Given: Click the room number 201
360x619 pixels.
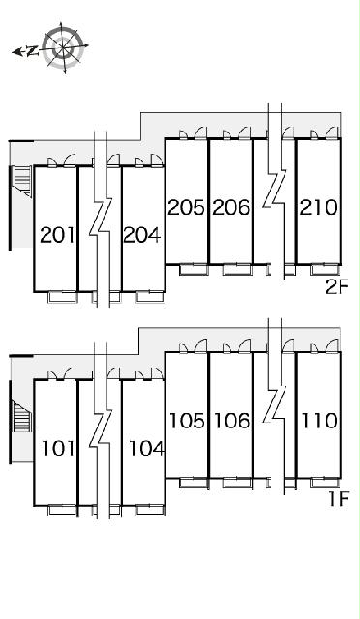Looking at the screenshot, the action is (x=58, y=236).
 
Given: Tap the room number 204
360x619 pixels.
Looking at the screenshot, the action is (x=142, y=236).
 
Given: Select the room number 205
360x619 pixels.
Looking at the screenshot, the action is (x=187, y=208).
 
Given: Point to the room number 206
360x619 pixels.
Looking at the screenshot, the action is (x=231, y=208).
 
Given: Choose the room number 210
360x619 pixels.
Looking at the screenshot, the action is (x=318, y=208).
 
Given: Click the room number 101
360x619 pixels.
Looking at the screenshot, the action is (x=58, y=449).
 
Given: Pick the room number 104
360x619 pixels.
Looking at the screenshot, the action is (x=146, y=449).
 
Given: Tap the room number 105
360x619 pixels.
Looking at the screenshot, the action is (x=188, y=421).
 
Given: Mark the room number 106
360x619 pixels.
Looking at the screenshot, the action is (x=232, y=421).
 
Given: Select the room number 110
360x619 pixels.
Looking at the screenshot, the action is (x=319, y=421).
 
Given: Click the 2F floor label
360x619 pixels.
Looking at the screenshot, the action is (x=337, y=288).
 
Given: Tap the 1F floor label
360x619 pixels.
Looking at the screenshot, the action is (x=339, y=500).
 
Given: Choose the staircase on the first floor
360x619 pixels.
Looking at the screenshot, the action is (x=21, y=417).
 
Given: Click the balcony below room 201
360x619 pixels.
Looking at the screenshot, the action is (x=63, y=297).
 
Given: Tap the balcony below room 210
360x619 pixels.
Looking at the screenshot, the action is (x=324, y=269).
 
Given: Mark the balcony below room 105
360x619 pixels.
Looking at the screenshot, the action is (x=194, y=483).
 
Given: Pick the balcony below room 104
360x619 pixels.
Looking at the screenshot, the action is (x=150, y=510).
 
